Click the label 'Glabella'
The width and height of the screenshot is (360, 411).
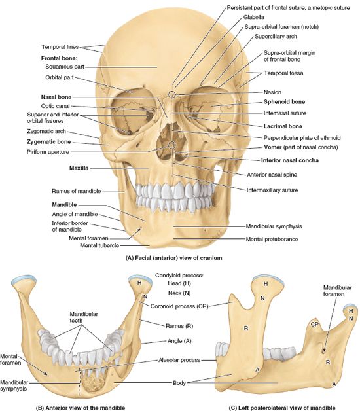tap(253, 17)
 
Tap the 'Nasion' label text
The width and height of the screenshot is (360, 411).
tap(272, 92)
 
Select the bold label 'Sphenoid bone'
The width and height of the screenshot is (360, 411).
tap(284, 102)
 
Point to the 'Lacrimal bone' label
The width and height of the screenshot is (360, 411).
tap(283, 126)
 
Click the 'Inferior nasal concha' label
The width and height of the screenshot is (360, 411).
tap(290, 160)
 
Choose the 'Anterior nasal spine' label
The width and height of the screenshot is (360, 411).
tap(272, 175)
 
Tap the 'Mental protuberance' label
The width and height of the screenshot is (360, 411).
tap(272, 240)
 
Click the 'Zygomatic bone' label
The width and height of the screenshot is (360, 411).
tap(49, 142)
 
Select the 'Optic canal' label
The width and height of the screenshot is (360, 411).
tap(56, 106)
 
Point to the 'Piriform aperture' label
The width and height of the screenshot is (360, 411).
tap(48, 152)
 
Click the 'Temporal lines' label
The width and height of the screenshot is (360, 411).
tap(60, 47)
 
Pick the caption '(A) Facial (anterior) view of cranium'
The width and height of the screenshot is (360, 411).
tap(174, 258)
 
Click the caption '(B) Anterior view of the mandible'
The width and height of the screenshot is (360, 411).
tap(81, 408)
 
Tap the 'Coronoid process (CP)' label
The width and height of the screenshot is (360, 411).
tap(179, 306)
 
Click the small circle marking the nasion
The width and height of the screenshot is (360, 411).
tap(171, 94)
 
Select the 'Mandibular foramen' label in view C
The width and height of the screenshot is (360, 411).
tap(337, 291)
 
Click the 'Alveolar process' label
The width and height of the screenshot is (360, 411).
tap(179, 361)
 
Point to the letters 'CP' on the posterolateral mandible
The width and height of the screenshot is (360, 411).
tap(314, 325)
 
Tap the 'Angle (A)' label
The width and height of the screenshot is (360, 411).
tap(179, 341)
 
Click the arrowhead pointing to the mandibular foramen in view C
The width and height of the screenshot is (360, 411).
tap(325, 350)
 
